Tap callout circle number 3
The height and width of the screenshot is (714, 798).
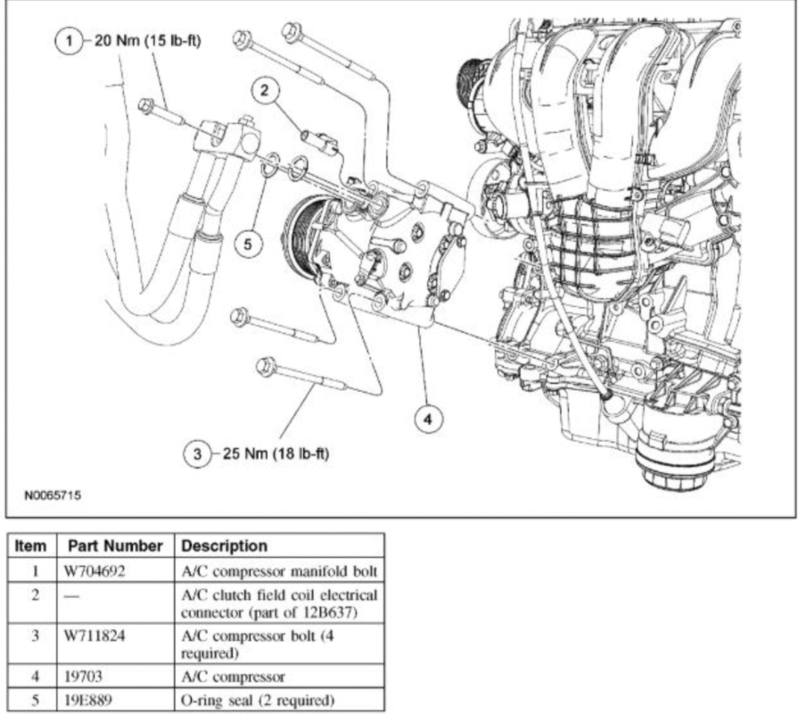click(x=196, y=453)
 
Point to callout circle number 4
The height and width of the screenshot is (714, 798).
click(x=429, y=418)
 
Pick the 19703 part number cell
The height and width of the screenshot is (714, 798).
click(x=83, y=676)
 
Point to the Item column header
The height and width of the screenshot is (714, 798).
click(x=29, y=544)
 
